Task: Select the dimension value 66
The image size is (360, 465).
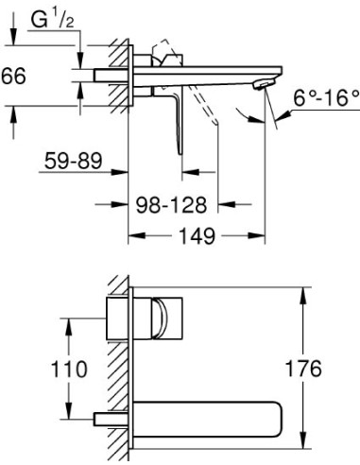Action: pos(12,79)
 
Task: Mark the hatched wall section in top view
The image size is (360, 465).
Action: pos(121,76)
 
